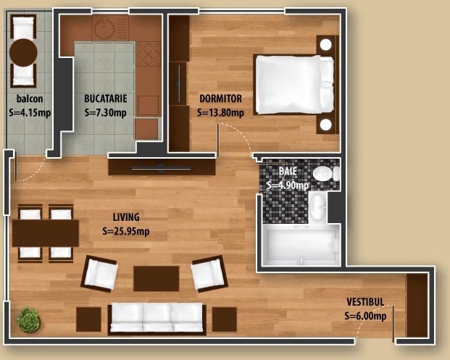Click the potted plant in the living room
point(28,319)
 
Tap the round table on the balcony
point(23,53)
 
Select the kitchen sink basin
point(105,28)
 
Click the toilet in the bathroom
point(326,174)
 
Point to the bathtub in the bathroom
point(301,246)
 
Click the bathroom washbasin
point(317,206)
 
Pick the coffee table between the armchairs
point(157,279)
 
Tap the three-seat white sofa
point(157,319)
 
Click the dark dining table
point(46,233)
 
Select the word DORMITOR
point(220,99)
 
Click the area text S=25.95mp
point(126,231)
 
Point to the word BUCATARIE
point(106,99)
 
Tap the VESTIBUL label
point(365,302)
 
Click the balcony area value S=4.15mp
point(30,113)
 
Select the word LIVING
point(126,217)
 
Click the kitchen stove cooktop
point(148,54)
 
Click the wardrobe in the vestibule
point(417,305)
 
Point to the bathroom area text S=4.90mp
point(288,185)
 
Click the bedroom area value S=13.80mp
point(220,113)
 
